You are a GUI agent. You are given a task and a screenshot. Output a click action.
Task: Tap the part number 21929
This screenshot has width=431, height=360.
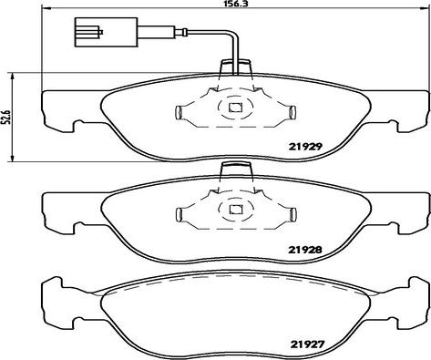coord(304,147)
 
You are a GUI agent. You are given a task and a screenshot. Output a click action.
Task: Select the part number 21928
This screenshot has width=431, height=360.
coord(304,250)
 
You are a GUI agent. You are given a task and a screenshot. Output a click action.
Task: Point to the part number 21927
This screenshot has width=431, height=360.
coord(308,345)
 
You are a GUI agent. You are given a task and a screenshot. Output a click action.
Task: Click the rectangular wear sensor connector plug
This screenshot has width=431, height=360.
coord(106,32)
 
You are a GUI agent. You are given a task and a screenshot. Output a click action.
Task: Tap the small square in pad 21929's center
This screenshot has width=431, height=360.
coord(235,108)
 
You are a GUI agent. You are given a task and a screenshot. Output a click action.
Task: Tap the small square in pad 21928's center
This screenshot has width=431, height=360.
coord(235,210)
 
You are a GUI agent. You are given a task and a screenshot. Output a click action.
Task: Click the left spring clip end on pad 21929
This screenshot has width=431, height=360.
coord(179,112)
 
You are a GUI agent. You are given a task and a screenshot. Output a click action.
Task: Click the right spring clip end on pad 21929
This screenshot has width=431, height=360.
coord(292,112)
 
